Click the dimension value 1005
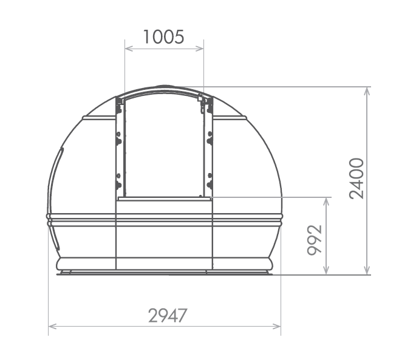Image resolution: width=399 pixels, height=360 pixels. click(163, 37)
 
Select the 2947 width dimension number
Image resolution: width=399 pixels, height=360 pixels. click(168, 316)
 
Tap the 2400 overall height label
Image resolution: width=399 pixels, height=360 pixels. click(357, 178)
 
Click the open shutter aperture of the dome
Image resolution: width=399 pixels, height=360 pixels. click(164, 149)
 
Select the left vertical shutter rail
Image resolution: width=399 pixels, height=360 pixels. click(120, 149)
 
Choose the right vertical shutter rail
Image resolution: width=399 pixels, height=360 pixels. click(209, 149)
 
